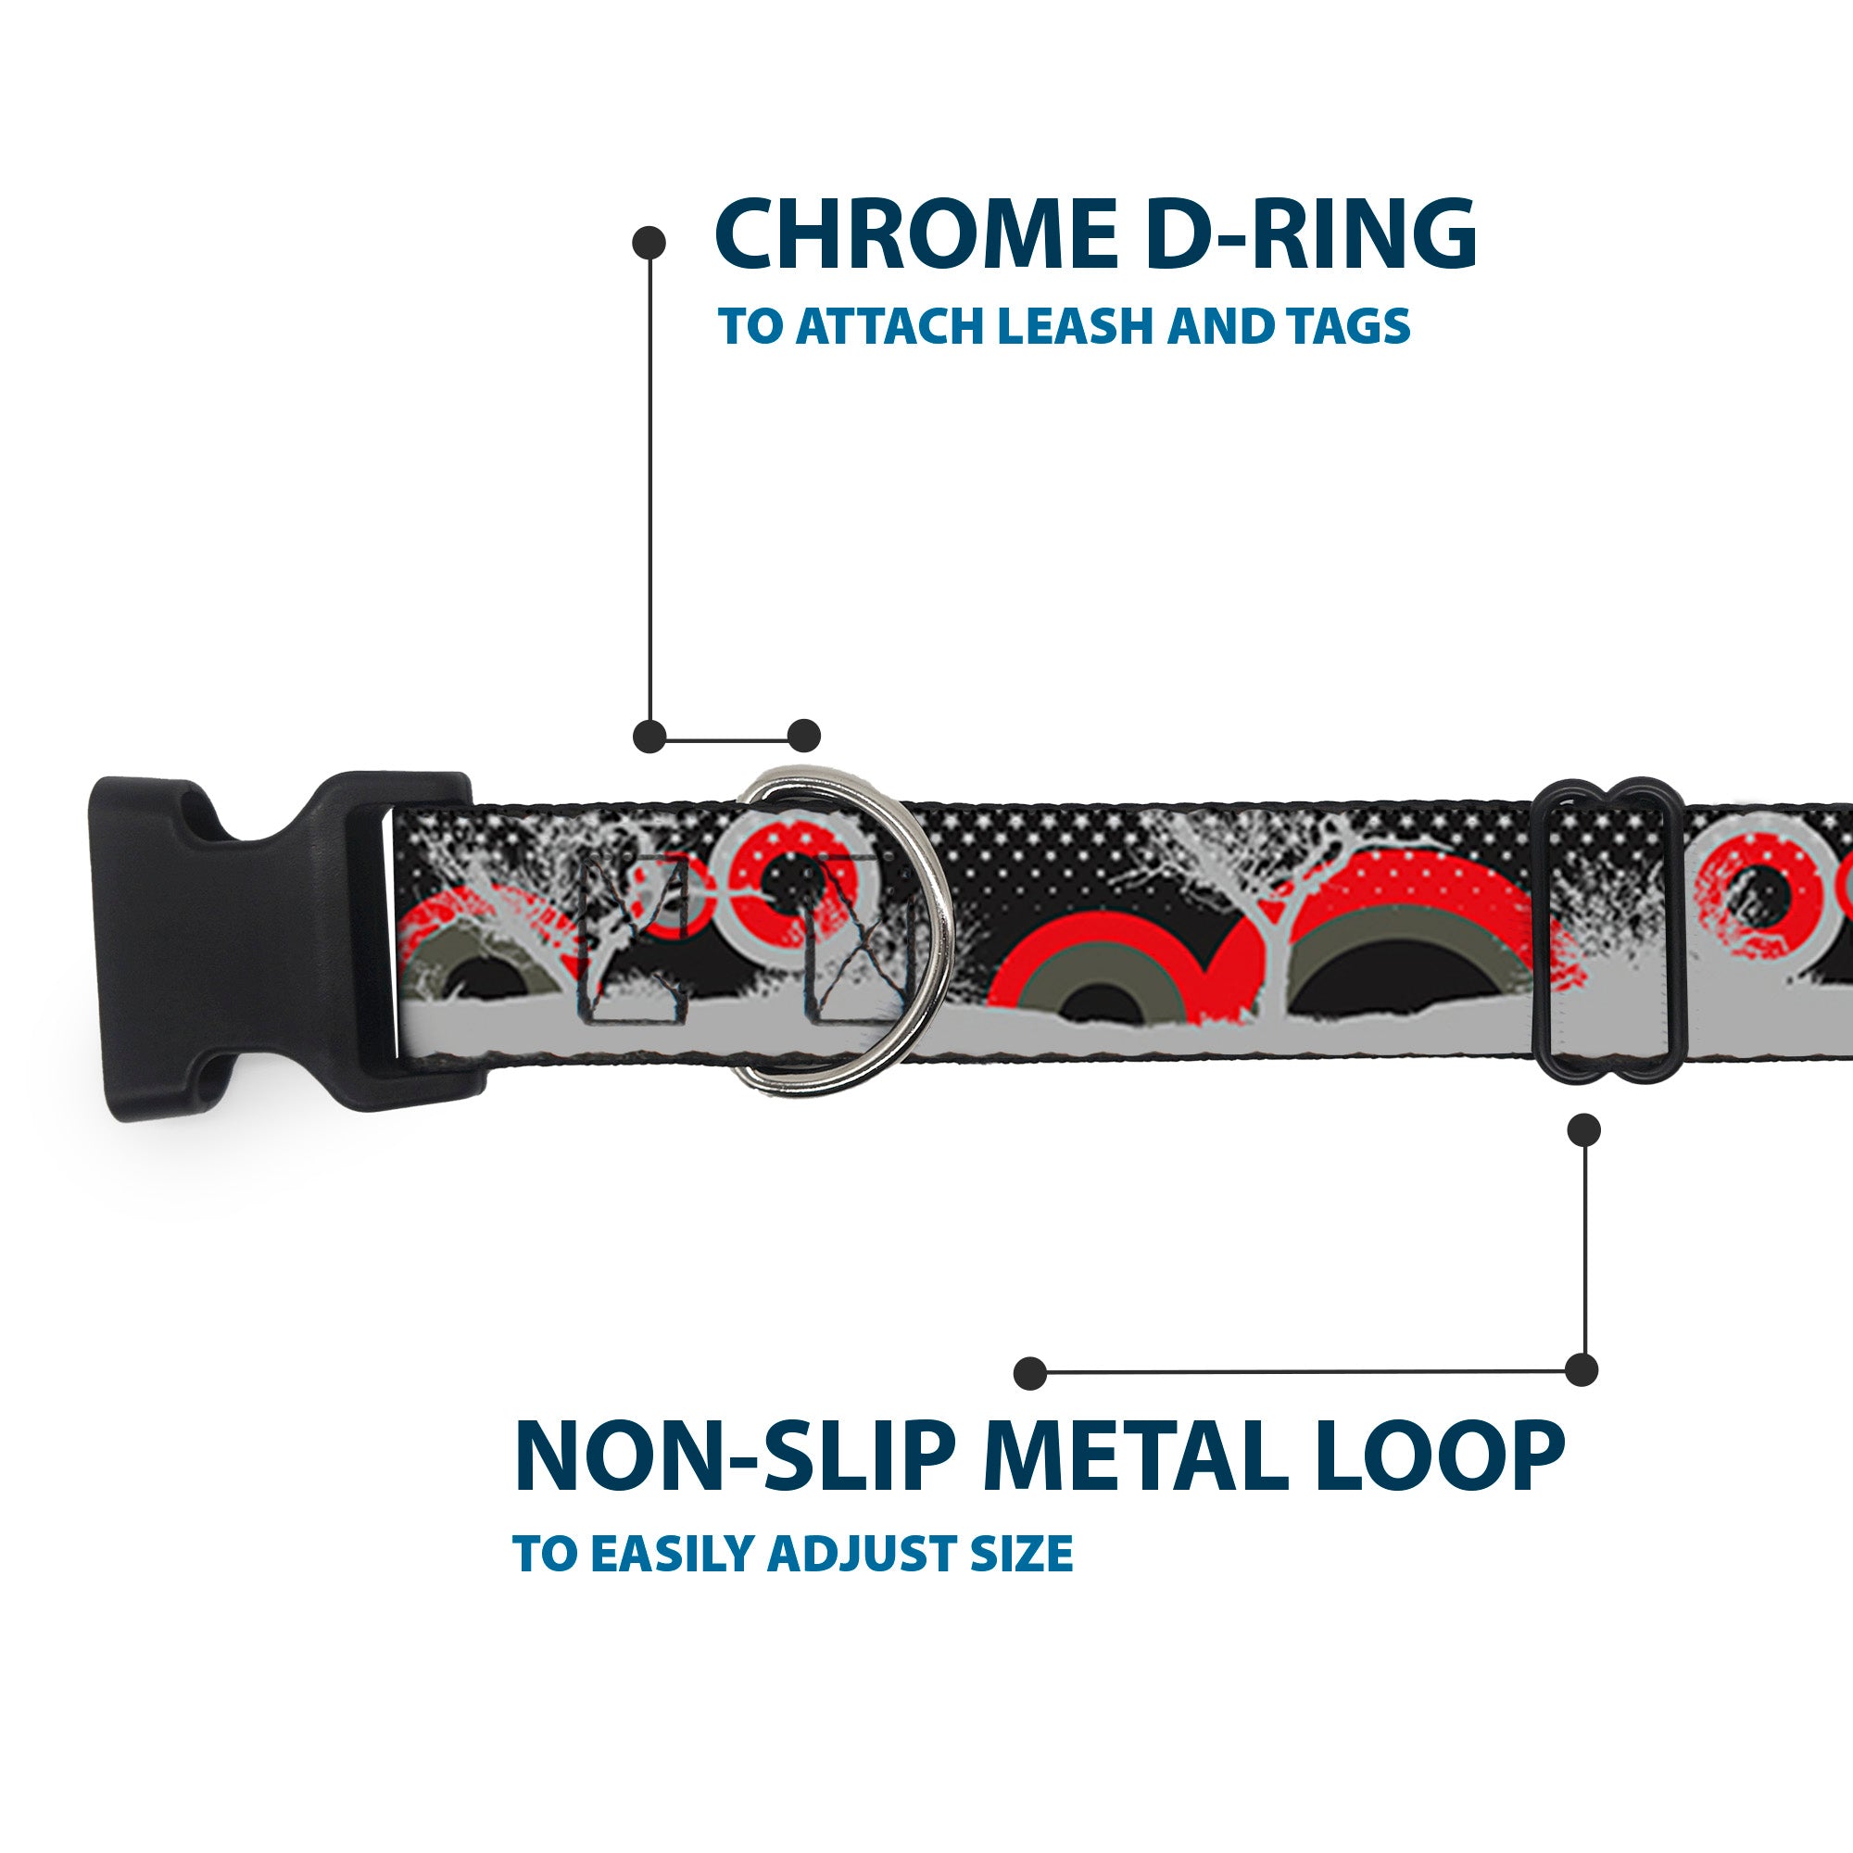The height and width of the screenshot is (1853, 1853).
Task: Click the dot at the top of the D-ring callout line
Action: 649,243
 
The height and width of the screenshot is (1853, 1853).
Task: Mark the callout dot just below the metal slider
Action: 1583,1129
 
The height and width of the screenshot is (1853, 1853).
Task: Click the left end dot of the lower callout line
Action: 1030,1372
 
